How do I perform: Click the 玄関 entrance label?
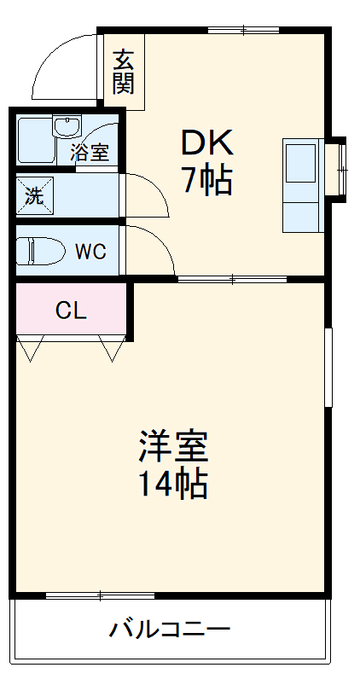(x=124, y=71)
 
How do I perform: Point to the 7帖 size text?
(x=206, y=180)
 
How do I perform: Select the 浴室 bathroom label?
(x=90, y=154)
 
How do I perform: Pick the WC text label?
(x=90, y=252)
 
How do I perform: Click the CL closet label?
(x=71, y=311)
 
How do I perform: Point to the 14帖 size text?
(x=174, y=484)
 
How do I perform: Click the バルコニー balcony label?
(x=170, y=631)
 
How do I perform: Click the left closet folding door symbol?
(x=32, y=347)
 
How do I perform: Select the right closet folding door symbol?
(x=112, y=347)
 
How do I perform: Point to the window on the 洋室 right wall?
(x=328, y=366)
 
